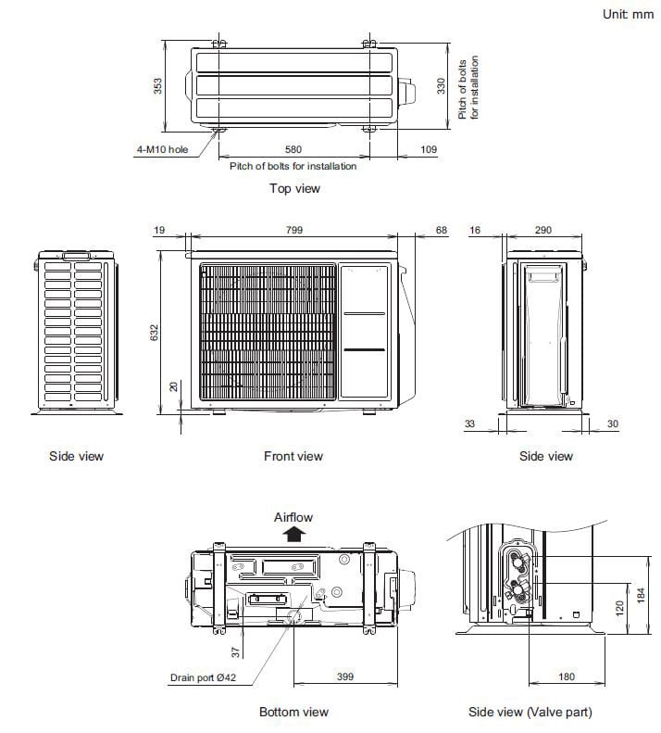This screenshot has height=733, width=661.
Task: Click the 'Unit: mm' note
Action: click(x=628, y=14)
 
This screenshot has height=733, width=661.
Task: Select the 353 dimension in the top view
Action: click(x=158, y=86)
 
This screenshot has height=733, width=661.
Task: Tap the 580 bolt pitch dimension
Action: click(x=293, y=149)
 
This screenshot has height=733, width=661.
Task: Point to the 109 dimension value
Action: click(x=429, y=149)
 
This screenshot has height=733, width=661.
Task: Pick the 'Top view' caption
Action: click(x=294, y=189)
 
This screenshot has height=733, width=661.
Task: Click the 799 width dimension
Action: click(x=293, y=229)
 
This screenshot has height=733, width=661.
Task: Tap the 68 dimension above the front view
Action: click(x=441, y=229)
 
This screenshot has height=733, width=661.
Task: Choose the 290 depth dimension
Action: click(x=543, y=229)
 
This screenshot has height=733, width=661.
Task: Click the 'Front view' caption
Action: click(x=293, y=456)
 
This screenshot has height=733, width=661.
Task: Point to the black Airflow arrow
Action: click(x=294, y=533)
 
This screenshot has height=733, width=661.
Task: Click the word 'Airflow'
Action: click(x=294, y=516)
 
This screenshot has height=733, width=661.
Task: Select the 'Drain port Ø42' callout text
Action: click(x=204, y=677)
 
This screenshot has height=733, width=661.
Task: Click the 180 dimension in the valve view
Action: click(x=567, y=677)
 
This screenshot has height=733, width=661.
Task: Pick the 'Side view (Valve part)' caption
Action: click(x=530, y=712)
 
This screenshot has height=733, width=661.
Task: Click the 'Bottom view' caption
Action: click(x=293, y=712)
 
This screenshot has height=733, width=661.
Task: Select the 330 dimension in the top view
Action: click(x=442, y=86)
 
